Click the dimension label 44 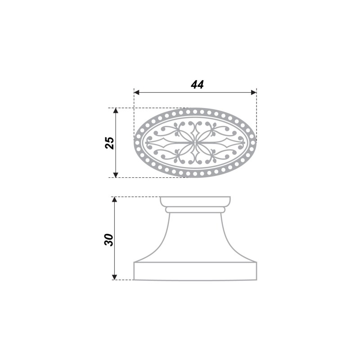pos(197,85)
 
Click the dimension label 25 pos(110,143)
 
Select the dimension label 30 pos(109,240)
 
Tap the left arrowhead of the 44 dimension pos(137,93)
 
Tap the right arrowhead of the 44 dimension pos(254,93)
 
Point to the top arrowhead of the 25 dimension pos(116,111)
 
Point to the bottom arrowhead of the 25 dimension pos(116,175)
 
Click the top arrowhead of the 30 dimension pos(115,199)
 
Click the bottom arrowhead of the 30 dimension pos(115,277)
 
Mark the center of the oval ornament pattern pos(195,143)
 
